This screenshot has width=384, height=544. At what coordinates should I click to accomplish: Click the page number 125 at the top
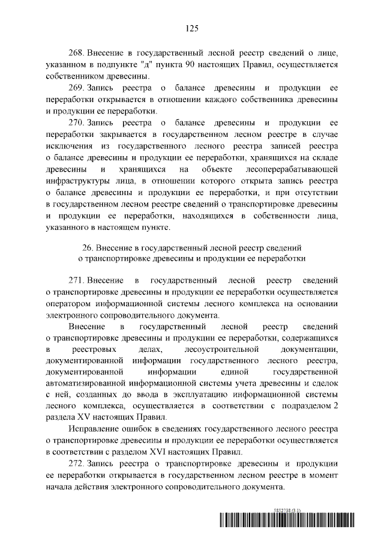[x=192, y=28]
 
